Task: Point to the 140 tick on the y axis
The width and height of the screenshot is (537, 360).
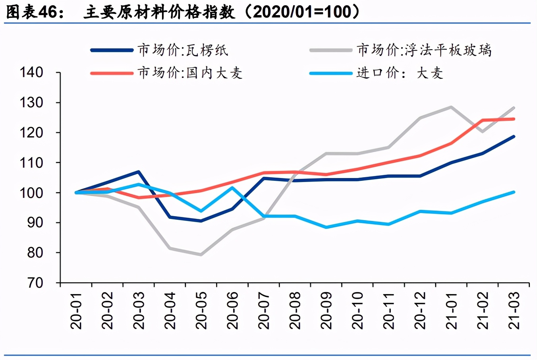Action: tap(31, 72)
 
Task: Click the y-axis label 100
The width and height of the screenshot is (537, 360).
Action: tap(31, 193)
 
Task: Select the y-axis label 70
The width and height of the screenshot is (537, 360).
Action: tap(35, 283)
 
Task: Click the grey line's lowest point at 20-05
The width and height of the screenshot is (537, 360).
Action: tap(201, 255)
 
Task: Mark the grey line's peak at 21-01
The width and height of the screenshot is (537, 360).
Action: tap(451, 107)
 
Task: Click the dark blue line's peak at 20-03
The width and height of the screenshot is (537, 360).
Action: tap(138, 172)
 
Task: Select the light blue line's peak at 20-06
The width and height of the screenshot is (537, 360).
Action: tap(232, 188)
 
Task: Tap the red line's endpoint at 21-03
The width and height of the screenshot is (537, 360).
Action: tap(514, 119)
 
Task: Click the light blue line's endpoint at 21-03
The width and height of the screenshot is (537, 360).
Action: tap(514, 192)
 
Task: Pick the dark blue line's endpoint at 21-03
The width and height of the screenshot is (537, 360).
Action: tap(514, 136)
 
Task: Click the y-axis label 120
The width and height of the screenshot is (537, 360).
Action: tap(31, 133)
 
